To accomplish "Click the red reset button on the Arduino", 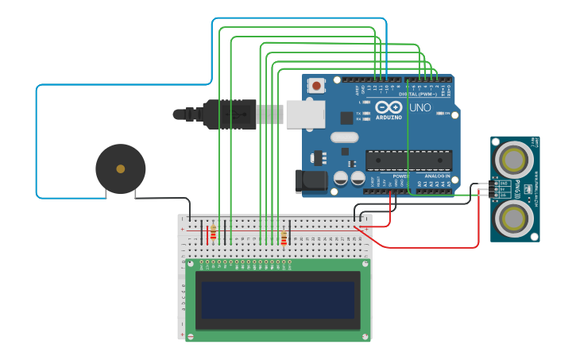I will [x=317, y=86].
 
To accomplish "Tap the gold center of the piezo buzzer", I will [x=120, y=168].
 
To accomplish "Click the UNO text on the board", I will [x=419, y=107].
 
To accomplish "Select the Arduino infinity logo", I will [x=389, y=107].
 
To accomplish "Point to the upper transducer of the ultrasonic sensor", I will [x=514, y=159].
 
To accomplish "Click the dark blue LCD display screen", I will [x=278, y=300].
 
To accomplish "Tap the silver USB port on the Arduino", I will [x=305, y=114].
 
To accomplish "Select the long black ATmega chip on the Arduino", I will [x=408, y=160].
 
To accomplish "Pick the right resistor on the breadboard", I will [x=284, y=238].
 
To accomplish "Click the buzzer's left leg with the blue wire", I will [x=106, y=193].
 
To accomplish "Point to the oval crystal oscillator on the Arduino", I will [x=345, y=137].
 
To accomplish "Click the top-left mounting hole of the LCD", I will [x=190, y=264].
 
